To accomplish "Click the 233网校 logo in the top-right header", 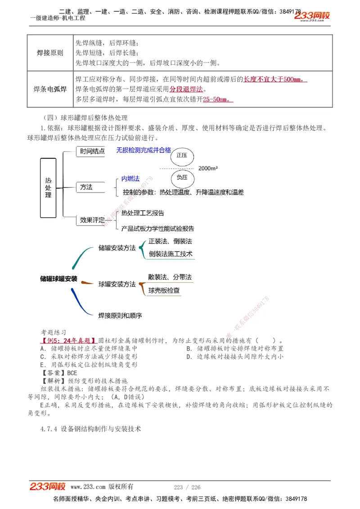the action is [x=312, y=16].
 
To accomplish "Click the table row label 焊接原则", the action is [x=50, y=53].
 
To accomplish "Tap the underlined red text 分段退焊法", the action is [x=186, y=89].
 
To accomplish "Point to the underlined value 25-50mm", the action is [x=218, y=99].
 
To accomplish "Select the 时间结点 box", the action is [x=92, y=152].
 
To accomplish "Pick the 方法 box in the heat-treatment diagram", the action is [x=86, y=187].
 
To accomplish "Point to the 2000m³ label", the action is [x=208, y=168].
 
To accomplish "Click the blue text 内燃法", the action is [x=130, y=179].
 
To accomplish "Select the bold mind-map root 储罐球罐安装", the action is [x=58, y=279].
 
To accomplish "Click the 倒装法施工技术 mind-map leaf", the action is [x=171, y=254].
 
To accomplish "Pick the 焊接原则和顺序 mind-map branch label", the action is [x=120, y=316].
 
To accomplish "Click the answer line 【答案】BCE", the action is [x=59, y=373].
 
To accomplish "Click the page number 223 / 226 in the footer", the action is [x=187, y=487].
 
